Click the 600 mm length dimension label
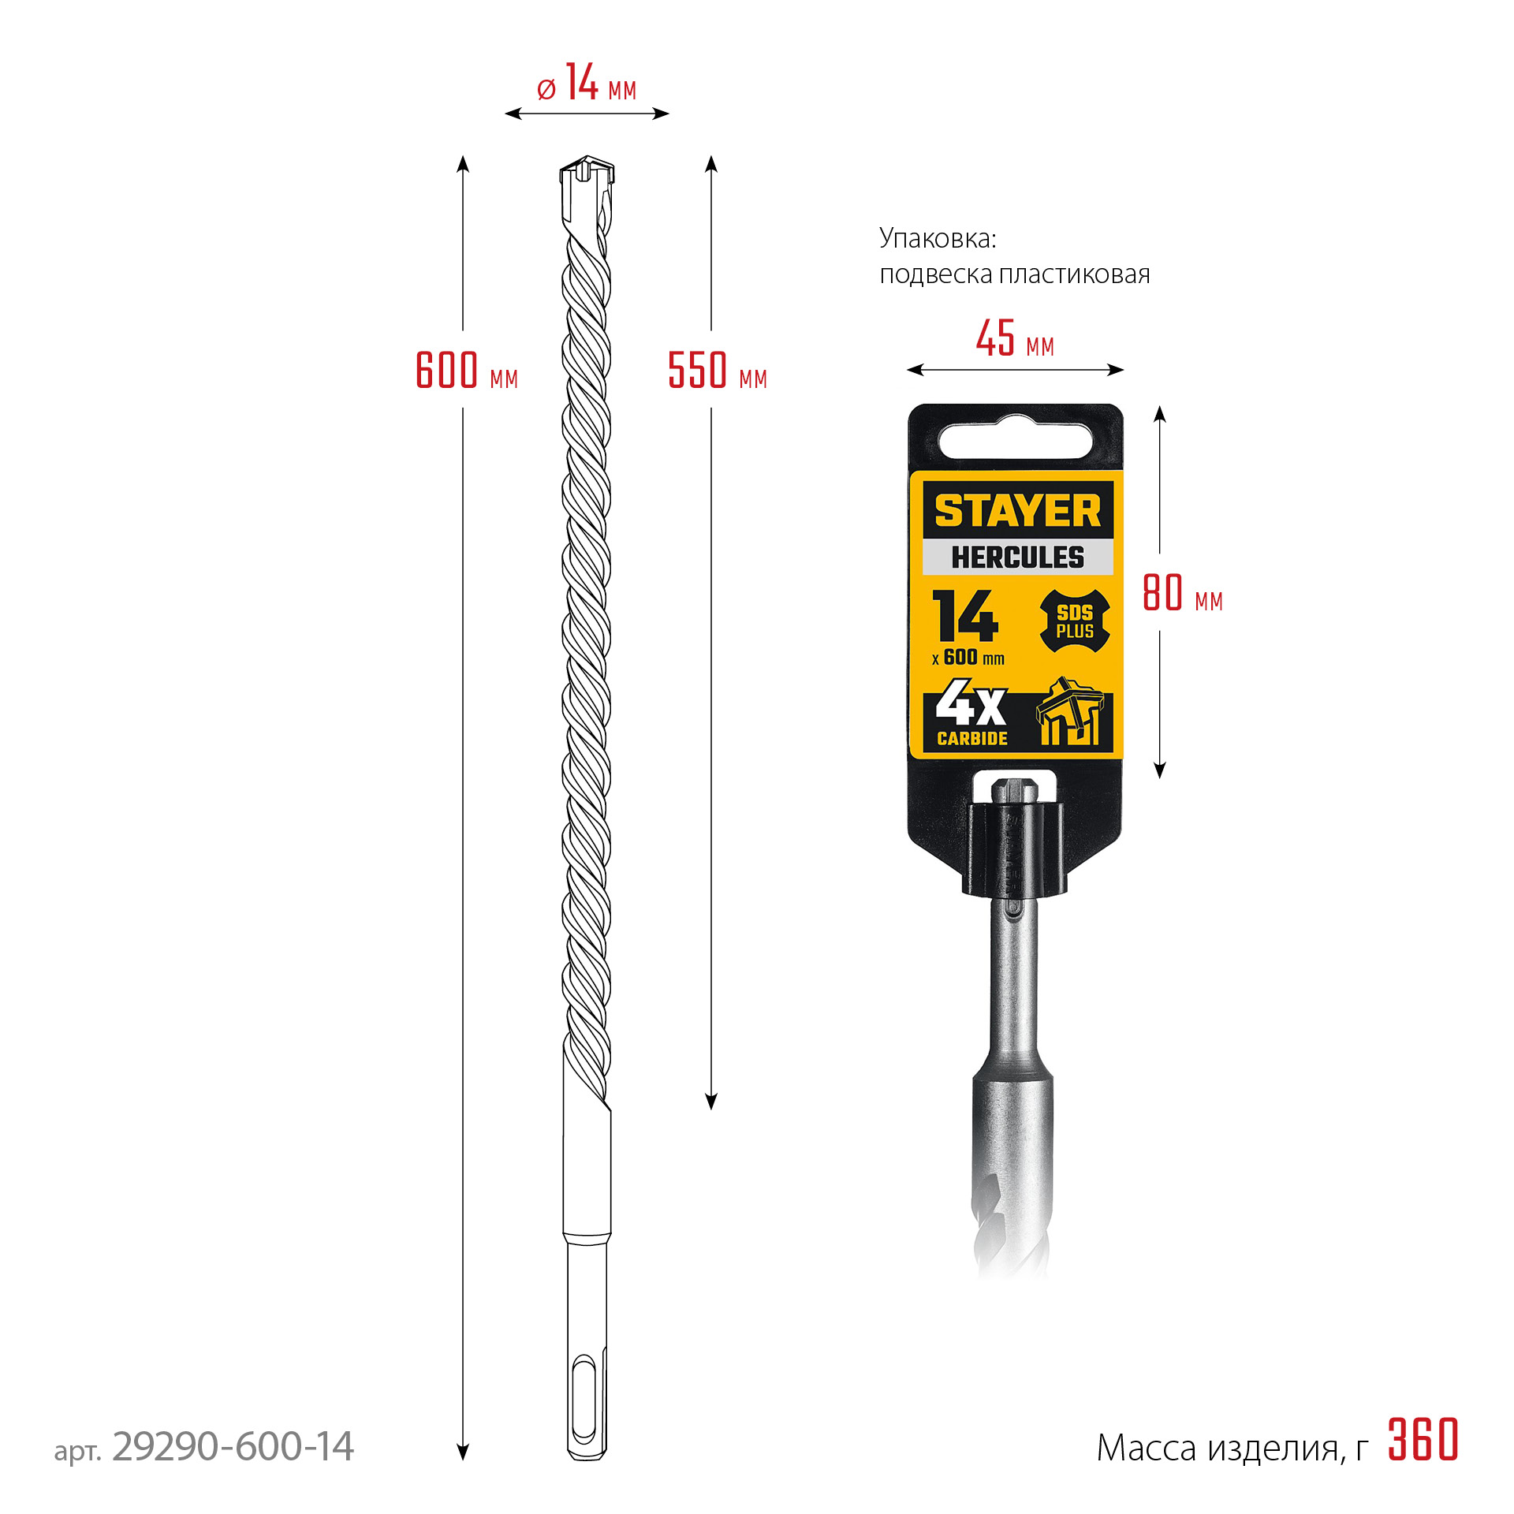pyautogui.click(x=465, y=371)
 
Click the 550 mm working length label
pyautogui.click(x=716, y=371)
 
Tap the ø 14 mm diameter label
pyautogui.click(x=587, y=84)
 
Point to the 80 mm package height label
pyautogui.click(x=1182, y=594)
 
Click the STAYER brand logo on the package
pyautogui.click(x=1017, y=511)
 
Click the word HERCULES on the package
pyautogui.click(x=1017, y=557)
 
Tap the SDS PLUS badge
pyautogui.click(x=1074, y=622)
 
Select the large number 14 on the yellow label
pyautogui.click(x=965, y=617)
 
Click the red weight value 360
pyautogui.click(x=1423, y=1441)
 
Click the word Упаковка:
pyautogui.click(x=938, y=238)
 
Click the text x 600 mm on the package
pyautogui.click(x=968, y=658)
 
